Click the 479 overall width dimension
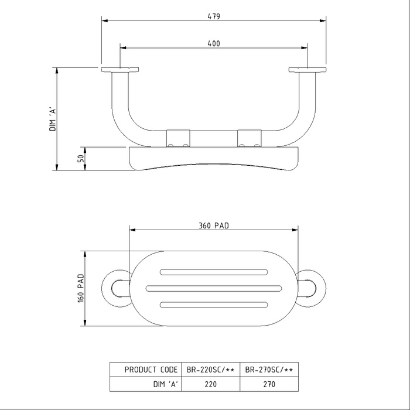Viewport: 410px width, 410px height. click(x=214, y=16)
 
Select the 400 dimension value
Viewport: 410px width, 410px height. click(x=214, y=43)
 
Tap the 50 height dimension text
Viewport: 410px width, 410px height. click(x=81, y=158)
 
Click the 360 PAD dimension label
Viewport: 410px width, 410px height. click(x=213, y=225)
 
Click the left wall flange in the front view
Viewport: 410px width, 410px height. click(x=120, y=70)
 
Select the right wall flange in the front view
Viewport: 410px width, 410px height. click(x=307, y=70)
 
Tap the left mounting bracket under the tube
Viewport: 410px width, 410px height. click(x=178, y=138)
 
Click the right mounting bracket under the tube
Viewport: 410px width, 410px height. click(x=249, y=138)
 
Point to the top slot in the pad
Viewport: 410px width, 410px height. click(x=214, y=272)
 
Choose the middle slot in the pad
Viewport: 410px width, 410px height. click(x=214, y=288)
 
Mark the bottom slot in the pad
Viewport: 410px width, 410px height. click(x=214, y=303)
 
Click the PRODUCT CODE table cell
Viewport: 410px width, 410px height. click(x=151, y=370)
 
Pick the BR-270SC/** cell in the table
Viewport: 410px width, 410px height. click(x=269, y=370)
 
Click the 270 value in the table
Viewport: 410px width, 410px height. click(x=269, y=385)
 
